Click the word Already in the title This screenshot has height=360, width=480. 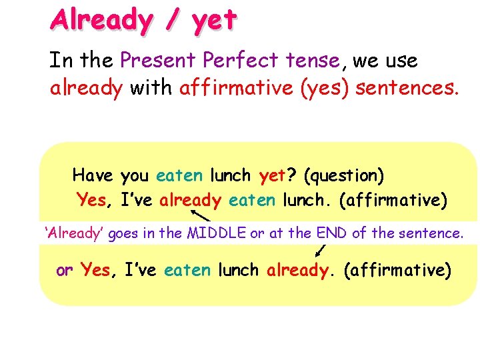coord(101,20)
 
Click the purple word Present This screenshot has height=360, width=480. coord(158,61)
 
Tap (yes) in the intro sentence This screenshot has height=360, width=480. coord(326,89)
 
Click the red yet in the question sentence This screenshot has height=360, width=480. coord(271,177)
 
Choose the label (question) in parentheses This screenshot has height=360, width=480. coord(343,177)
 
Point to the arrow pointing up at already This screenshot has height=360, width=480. coord(200,215)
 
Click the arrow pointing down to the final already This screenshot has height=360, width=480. coord(321,250)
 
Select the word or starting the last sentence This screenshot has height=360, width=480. coord(64,271)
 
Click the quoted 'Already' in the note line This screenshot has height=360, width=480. coord(73,233)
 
